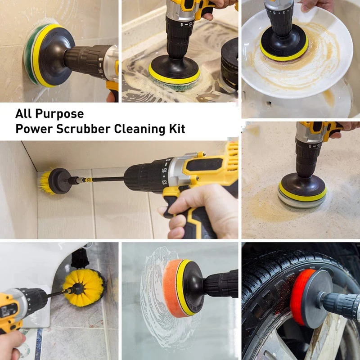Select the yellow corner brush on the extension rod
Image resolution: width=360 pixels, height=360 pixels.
(x=47, y=182)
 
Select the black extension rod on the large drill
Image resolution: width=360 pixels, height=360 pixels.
(x=103, y=180)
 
